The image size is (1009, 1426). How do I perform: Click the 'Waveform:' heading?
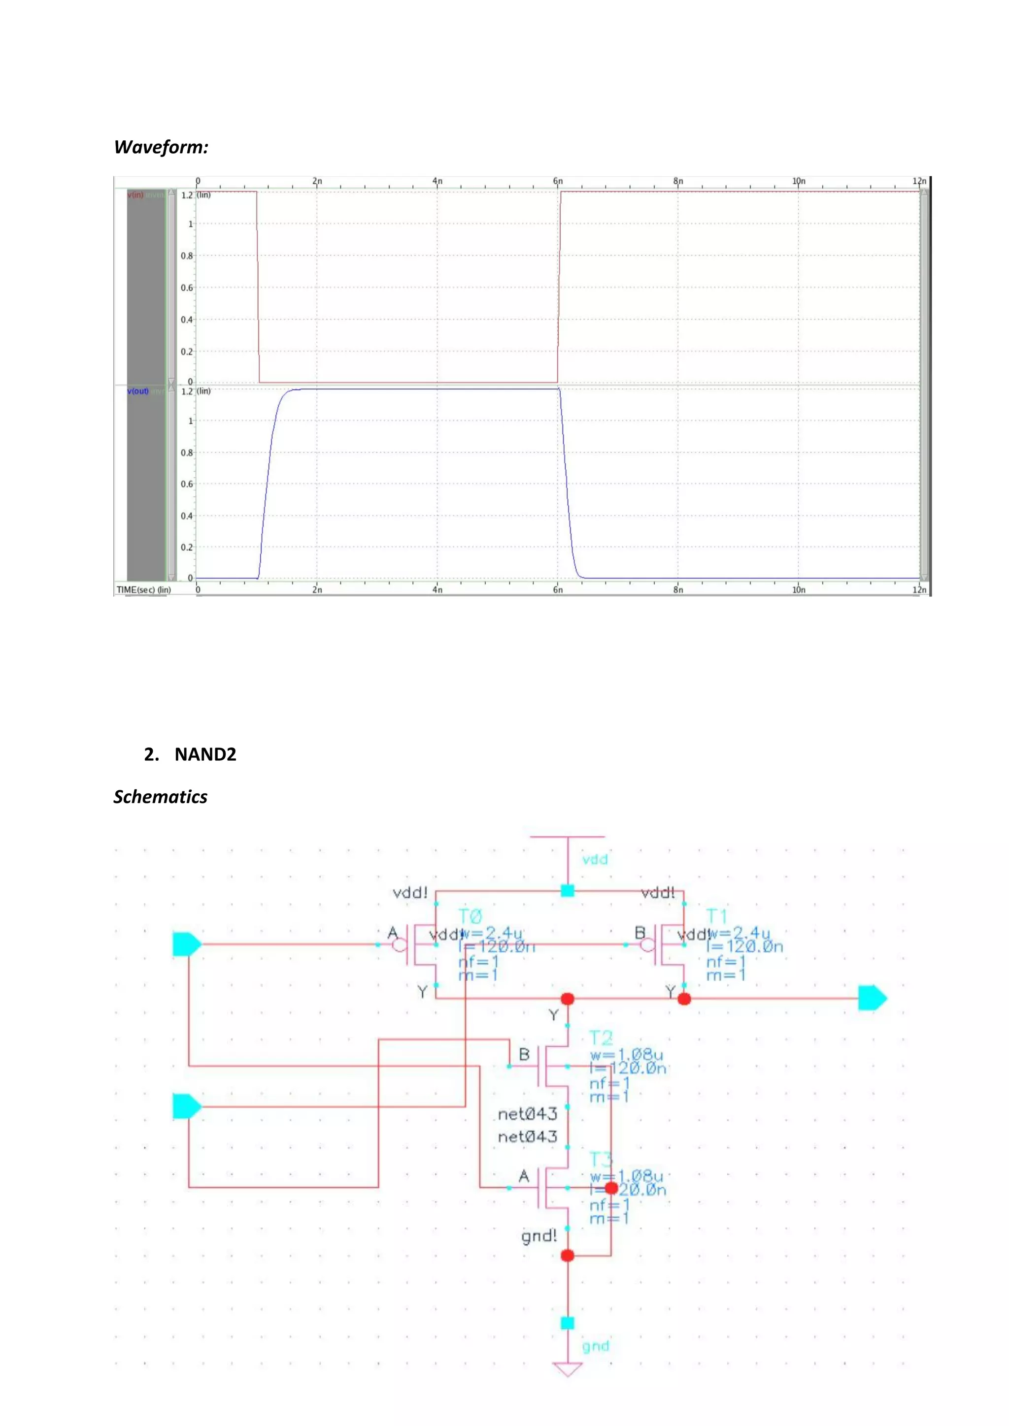click(161, 147)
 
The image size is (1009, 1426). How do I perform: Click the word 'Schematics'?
click(160, 797)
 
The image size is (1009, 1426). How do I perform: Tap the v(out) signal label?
click(138, 391)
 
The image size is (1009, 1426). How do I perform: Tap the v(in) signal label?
click(135, 195)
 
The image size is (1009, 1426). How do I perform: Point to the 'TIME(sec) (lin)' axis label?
click(143, 589)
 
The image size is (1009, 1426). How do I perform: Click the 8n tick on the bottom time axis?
click(678, 589)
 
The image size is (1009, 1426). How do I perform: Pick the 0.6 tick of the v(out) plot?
click(186, 484)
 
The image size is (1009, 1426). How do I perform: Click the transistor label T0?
click(471, 917)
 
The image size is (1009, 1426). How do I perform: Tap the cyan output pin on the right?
click(872, 998)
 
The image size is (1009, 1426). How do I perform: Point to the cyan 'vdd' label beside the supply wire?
click(595, 860)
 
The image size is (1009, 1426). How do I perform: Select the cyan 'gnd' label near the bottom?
click(595, 1346)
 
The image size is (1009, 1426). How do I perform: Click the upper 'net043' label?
click(528, 1114)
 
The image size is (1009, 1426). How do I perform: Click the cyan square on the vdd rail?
click(567, 891)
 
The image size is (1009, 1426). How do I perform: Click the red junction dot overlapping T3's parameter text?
click(611, 1188)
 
